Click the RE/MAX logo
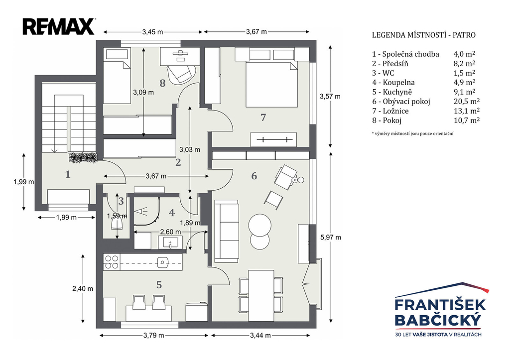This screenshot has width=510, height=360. [59, 27]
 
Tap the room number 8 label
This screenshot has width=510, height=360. [163, 83]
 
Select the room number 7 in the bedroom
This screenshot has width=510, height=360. [263, 118]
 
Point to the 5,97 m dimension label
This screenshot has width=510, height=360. [331, 238]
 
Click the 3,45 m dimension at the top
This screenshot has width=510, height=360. [152, 32]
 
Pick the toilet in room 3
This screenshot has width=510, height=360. [117, 224]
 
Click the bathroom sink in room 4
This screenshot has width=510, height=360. [170, 242]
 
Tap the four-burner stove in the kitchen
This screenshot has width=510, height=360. [111, 262]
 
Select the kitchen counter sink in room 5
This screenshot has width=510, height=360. [163, 262]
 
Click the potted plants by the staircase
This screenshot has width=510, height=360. [83, 157]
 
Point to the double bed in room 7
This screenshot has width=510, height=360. [271, 85]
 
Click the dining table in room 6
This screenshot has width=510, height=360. [261, 295]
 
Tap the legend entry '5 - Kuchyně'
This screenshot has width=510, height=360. [393, 92]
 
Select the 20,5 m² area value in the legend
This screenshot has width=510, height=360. [467, 102]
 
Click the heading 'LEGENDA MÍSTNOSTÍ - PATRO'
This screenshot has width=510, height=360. [424, 35]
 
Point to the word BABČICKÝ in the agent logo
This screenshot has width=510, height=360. [438, 320]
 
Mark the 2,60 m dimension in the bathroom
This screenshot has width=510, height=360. [170, 232]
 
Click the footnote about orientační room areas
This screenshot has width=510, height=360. [413, 133]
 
